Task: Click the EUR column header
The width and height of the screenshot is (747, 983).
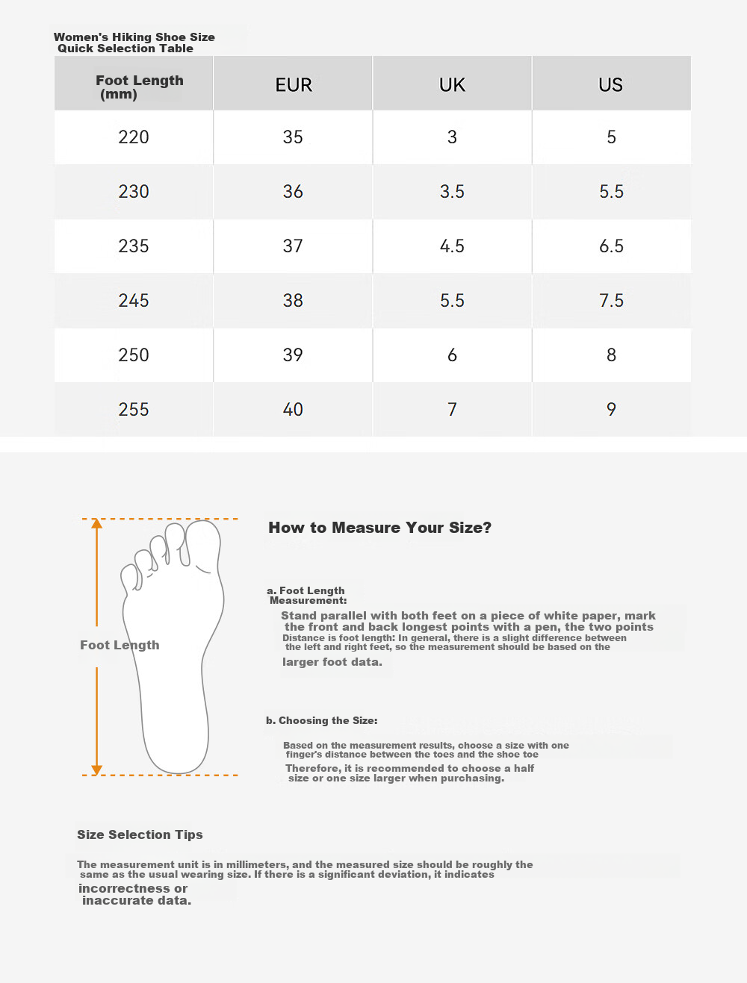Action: pos(293,84)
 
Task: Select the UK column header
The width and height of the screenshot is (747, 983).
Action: pos(452,84)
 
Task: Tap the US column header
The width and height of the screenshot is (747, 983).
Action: pos(611,84)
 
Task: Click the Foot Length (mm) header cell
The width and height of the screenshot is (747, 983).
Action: pos(134,84)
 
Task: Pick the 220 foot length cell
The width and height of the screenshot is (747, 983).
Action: pos(134,137)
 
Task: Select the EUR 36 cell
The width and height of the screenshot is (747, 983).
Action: pos(293,192)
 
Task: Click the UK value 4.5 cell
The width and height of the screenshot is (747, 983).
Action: pos(452,246)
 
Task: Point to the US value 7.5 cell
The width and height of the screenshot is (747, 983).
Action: pos(611,301)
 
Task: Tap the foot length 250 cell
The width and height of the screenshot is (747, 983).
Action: pos(134,355)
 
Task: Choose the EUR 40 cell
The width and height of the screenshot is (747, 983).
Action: pos(293,409)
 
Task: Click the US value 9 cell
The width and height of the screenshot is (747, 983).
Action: pos(611,409)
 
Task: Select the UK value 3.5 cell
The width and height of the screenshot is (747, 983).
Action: pos(452,192)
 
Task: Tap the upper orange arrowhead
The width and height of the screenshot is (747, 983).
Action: pos(97,523)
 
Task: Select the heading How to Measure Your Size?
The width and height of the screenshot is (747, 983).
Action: pos(379,528)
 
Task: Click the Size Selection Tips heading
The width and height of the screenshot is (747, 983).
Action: pos(140,834)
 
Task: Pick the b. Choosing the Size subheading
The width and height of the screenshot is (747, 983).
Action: pos(322,720)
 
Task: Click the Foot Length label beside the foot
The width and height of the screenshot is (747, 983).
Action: pos(120,646)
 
